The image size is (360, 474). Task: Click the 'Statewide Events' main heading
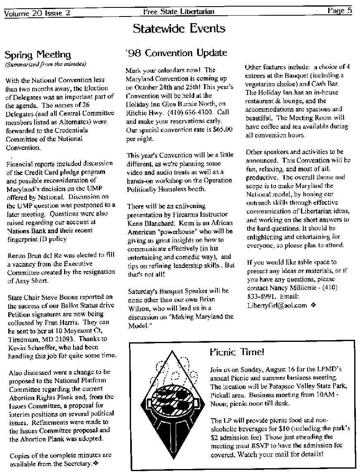tap(179, 28)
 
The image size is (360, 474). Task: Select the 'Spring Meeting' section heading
tap(37, 55)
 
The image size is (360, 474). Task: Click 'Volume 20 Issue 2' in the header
tap(37, 13)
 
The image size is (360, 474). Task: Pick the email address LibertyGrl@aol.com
tap(277, 306)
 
